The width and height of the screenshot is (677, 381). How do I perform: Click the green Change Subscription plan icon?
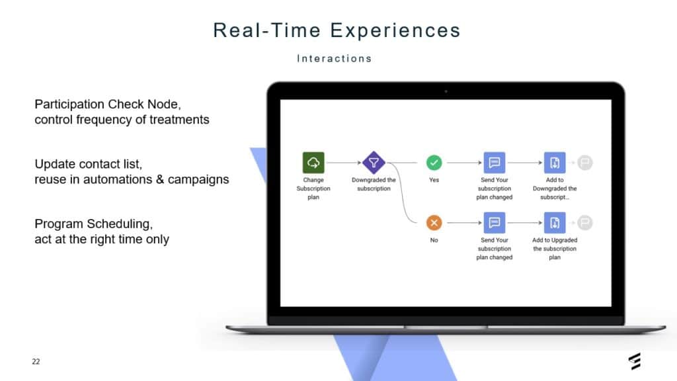click(313, 163)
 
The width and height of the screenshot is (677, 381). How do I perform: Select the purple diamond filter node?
click(374, 163)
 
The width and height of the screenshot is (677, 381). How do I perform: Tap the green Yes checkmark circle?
click(434, 163)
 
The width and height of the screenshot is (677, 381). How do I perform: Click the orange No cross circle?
click(434, 222)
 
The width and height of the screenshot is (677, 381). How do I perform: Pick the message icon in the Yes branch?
click(495, 163)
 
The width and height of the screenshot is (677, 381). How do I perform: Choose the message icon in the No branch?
click(495, 222)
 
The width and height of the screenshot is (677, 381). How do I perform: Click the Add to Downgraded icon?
click(555, 163)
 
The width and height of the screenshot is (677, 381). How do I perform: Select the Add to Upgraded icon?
click(555, 222)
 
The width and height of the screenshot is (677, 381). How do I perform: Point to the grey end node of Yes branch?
click(585, 163)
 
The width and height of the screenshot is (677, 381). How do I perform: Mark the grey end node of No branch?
click(585, 222)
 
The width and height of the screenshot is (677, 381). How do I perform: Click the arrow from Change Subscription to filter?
click(343, 163)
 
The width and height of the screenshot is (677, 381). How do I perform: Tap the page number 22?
click(36, 362)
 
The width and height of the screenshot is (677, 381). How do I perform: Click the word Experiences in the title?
click(395, 30)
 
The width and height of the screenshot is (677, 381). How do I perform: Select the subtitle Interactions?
click(334, 58)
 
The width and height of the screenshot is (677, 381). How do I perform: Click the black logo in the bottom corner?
click(635, 361)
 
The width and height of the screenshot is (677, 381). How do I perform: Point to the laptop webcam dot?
click(446, 91)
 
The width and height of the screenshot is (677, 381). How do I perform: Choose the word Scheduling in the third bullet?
click(120, 224)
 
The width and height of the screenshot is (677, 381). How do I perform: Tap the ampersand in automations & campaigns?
click(160, 179)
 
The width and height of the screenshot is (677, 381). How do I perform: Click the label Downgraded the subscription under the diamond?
click(374, 184)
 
